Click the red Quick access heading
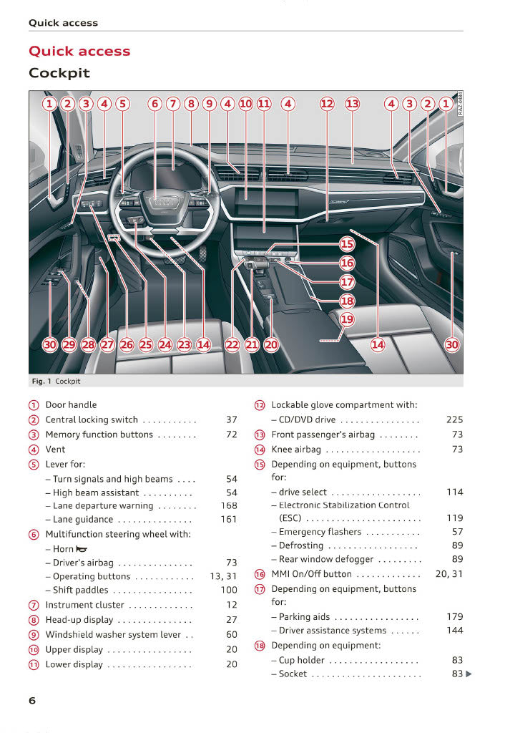[79, 52]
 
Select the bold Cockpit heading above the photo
[59, 73]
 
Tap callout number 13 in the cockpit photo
[353, 104]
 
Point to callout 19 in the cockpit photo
[347, 319]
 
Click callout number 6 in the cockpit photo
[155, 104]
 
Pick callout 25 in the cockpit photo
[146, 345]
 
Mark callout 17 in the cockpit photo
[347, 282]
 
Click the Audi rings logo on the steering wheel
[164, 203]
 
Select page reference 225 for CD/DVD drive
[454, 420]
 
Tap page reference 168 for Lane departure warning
[229, 506]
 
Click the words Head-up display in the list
[79, 620]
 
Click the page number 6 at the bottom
[32, 701]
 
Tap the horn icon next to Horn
[82, 549]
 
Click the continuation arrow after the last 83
[469, 674]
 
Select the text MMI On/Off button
[311, 574]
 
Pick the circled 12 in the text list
[260, 405]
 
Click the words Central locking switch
[92, 420]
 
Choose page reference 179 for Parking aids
[454, 616]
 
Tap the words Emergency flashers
[320, 532]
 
